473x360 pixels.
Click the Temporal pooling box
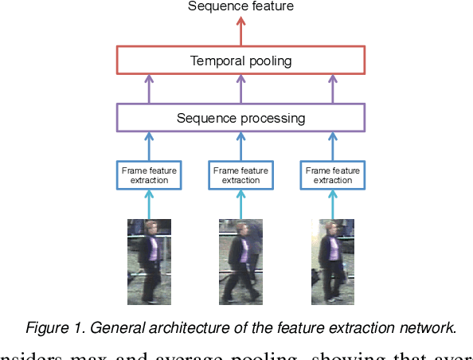click(x=240, y=61)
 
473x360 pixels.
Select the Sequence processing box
click(x=240, y=118)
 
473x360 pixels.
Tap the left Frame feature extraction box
click(x=149, y=174)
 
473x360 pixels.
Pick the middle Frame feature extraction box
click(x=240, y=174)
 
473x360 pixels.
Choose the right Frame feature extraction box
click(x=333, y=174)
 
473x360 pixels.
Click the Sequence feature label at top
click(x=240, y=6)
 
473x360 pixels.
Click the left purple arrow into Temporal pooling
click(x=149, y=89)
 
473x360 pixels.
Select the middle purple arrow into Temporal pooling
click(x=240, y=89)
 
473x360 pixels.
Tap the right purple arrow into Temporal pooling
click(x=333, y=89)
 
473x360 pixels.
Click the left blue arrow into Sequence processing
click(x=149, y=147)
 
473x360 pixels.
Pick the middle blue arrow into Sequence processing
click(x=240, y=147)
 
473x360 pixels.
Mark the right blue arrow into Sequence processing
click(x=333, y=147)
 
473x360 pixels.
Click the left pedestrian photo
click(x=149, y=262)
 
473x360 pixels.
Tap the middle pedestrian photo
click(x=240, y=262)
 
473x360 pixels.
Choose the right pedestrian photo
click(x=333, y=262)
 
